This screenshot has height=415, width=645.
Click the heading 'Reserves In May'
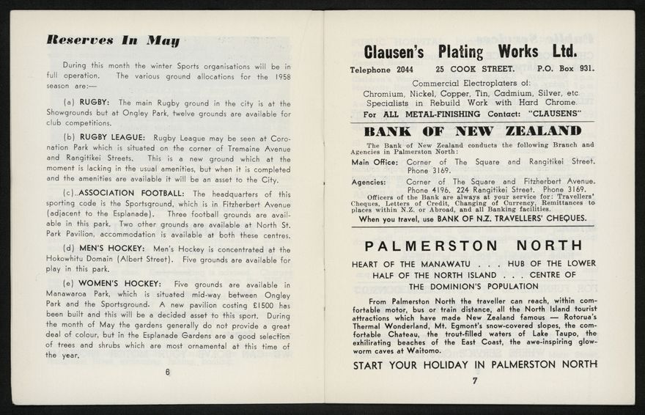[x=112, y=41]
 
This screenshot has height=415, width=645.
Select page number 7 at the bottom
[x=474, y=381]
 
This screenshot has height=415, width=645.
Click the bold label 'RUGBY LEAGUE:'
[x=113, y=138]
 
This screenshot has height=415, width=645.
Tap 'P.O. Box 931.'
[x=565, y=70]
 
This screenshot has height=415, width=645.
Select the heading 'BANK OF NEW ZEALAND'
[x=473, y=132]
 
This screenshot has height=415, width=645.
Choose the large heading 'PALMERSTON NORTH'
[x=473, y=245]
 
